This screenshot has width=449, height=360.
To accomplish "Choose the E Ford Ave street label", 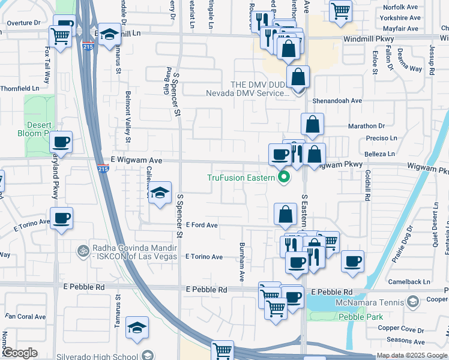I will (201, 225).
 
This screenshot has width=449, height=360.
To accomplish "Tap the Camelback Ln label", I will (409, 281).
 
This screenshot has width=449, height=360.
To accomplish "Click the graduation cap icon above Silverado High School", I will (137, 328).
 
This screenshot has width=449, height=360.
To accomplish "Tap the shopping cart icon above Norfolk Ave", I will (340, 10).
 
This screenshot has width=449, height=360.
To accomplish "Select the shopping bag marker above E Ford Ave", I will (286, 214).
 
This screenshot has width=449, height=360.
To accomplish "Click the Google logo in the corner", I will (20, 353).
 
